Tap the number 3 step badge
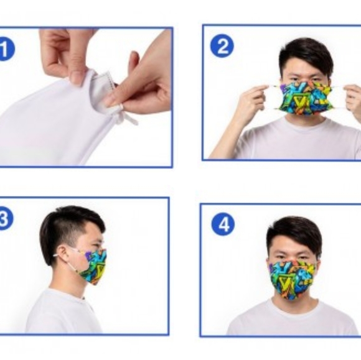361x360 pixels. [4, 219]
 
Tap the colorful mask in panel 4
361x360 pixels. [293, 278]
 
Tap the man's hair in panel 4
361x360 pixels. [294, 231]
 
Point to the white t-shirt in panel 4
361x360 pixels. [293, 321]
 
